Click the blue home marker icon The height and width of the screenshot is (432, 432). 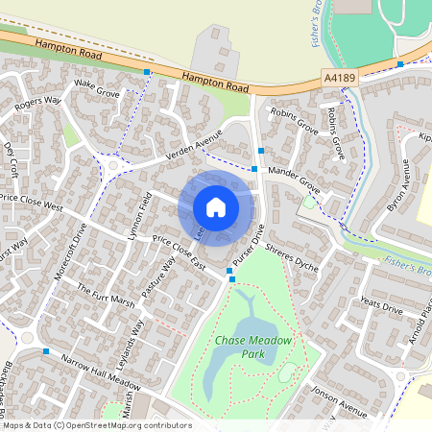216,206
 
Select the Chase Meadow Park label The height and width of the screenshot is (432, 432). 253,348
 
